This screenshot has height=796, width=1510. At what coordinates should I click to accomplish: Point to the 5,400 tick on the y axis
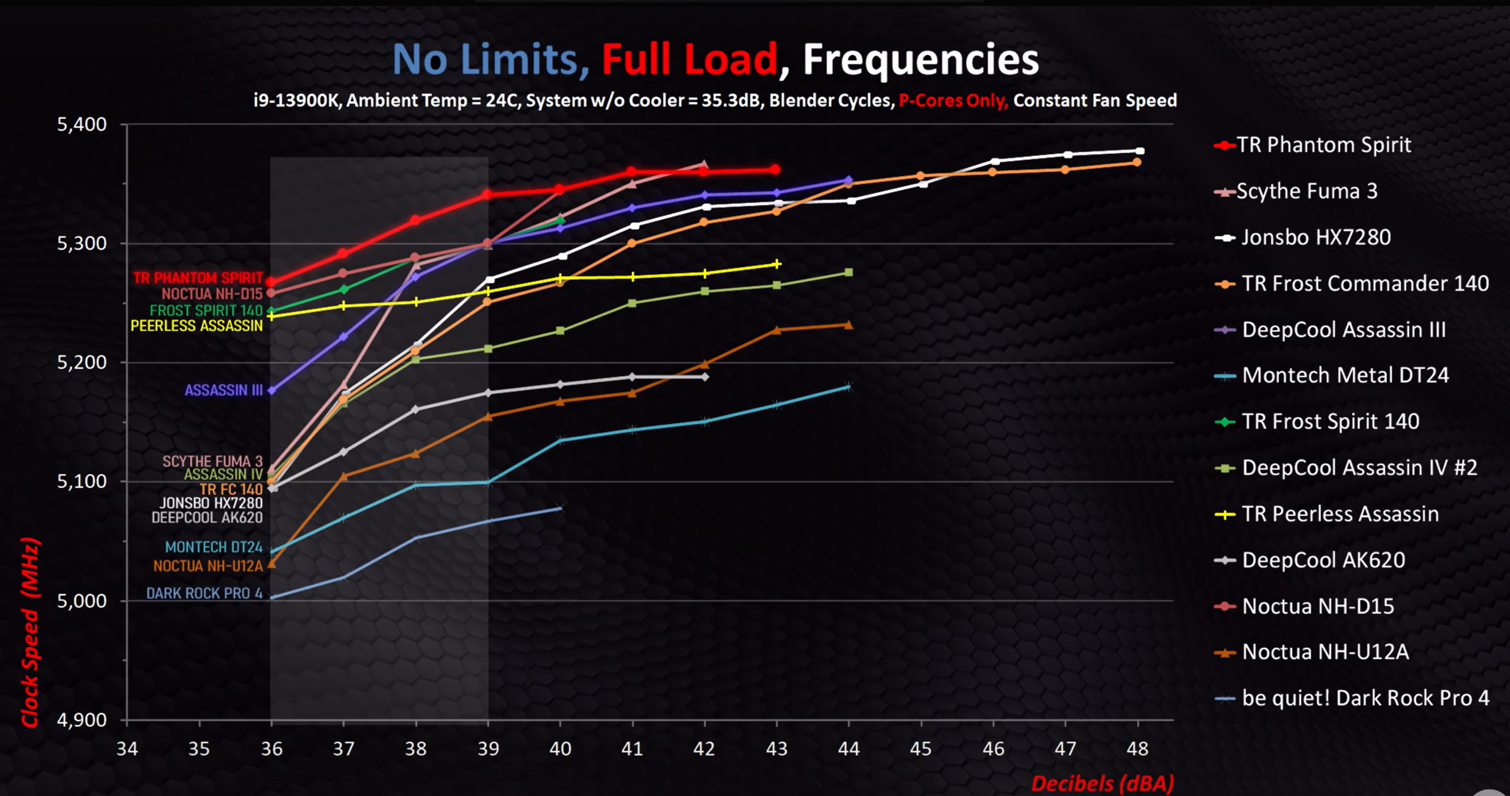point(82,124)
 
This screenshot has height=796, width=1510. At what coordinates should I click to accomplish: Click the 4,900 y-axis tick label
point(82,720)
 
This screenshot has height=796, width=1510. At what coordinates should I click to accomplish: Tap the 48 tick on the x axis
point(1138,749)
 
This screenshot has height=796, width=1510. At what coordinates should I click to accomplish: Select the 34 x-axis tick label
point(127,749)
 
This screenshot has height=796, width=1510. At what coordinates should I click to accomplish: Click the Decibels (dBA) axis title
point(1102,783)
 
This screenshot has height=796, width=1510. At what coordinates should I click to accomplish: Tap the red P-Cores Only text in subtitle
point(953,101)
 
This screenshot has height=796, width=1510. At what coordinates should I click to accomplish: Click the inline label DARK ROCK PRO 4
point(204,593)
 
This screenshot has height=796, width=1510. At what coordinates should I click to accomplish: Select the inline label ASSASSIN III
point(223,390)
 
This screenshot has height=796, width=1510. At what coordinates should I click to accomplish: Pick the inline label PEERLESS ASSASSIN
point(197,326)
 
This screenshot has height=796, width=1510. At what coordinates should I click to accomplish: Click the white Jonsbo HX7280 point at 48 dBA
point(1140,151)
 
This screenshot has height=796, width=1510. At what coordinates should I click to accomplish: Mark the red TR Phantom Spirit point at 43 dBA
point(776,170)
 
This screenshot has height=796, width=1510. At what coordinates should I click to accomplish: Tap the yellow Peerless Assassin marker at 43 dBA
point(777,264)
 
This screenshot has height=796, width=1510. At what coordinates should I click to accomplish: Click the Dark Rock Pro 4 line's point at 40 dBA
point(560,508)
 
